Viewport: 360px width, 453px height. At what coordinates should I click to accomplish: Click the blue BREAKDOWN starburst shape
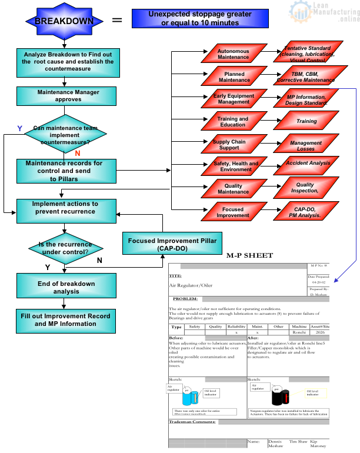[56, 21]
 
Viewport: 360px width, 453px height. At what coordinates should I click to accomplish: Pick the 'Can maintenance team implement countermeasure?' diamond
[65, 135]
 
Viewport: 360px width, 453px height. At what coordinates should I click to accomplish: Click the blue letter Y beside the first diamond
[20, 128]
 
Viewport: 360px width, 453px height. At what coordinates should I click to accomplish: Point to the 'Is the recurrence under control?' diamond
[65, 248]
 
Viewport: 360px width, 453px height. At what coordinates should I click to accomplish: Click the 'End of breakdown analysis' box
[65, 288]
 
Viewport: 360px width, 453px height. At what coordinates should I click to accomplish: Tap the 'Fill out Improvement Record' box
[65, 320]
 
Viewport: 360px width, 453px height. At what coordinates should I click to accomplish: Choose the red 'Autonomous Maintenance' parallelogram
[233, 54]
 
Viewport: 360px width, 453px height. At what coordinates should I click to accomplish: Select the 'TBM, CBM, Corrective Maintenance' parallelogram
[305, 77]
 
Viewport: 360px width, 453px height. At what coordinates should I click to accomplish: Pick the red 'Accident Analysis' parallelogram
[305, 163]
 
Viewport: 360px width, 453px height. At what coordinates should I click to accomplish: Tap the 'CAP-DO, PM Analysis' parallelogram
[305, 212]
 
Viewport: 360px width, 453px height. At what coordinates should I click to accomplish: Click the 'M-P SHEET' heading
[249, 256]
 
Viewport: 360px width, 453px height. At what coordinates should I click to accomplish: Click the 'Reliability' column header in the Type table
[236, 327]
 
